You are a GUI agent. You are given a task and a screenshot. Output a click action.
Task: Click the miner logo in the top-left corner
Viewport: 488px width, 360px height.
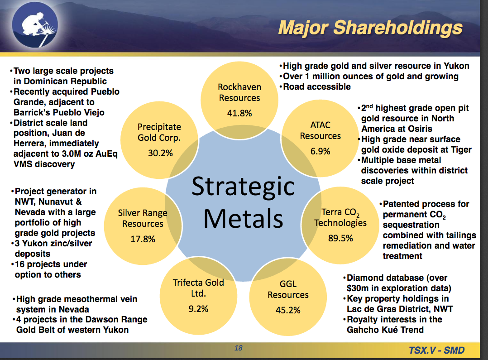point(35,24)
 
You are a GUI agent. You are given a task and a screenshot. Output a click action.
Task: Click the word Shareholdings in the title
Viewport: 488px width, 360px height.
point(398,28)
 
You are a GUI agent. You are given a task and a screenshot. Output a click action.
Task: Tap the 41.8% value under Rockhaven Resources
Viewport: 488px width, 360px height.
point(239,113)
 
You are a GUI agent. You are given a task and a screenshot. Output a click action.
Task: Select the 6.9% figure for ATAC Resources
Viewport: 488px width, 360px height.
point(320,151)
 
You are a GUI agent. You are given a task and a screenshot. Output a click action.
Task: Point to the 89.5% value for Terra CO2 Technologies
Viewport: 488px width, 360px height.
point(340,238)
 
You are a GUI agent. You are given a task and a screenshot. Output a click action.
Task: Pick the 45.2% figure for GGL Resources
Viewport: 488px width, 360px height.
point(288,310)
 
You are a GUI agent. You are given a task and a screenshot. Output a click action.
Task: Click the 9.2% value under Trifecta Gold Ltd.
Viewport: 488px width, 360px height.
point(198,309)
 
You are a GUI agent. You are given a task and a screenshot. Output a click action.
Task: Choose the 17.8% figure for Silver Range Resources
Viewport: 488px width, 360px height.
point(143,239)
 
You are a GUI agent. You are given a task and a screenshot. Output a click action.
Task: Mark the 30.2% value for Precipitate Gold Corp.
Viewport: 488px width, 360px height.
point(160,153)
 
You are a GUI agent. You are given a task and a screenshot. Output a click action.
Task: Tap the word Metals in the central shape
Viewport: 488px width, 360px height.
point(243,219)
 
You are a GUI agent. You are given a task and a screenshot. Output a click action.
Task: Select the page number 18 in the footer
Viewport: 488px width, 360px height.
point(239,348)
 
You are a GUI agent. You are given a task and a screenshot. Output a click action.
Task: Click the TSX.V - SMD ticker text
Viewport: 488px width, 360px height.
point(437,350)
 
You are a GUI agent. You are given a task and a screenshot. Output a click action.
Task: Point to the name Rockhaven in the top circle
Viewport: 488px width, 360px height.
point(239,87)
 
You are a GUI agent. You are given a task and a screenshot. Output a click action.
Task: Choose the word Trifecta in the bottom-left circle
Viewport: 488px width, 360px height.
point(186,283)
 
